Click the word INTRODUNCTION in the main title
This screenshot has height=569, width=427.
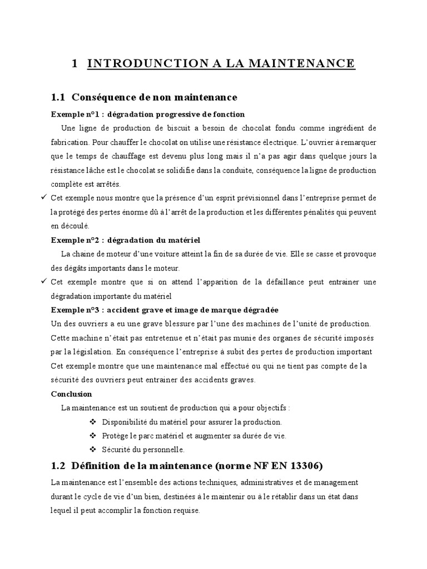(146, 64)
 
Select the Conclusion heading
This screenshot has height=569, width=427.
(71, 393)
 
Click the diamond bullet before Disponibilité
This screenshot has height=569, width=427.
(92, 422)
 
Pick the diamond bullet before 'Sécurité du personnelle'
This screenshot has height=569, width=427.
(92, 450)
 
